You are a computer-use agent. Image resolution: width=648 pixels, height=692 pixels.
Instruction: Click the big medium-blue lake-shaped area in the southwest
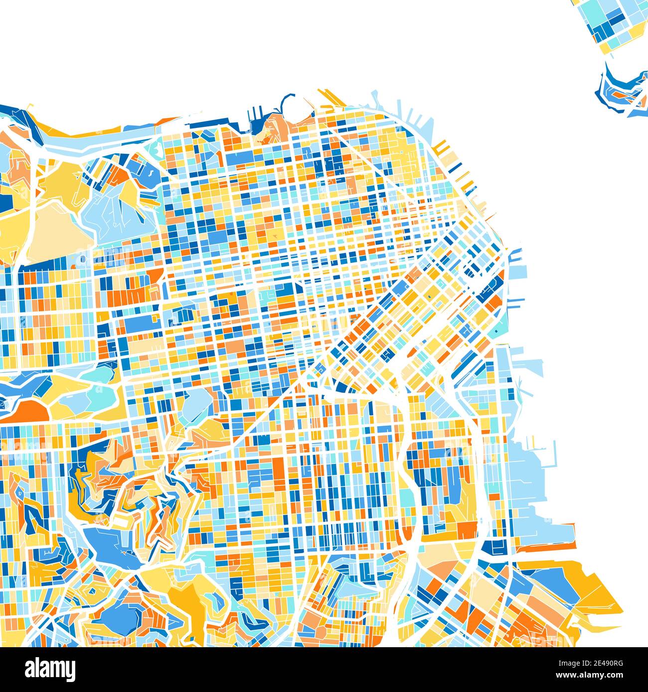(x=110, y=543)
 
